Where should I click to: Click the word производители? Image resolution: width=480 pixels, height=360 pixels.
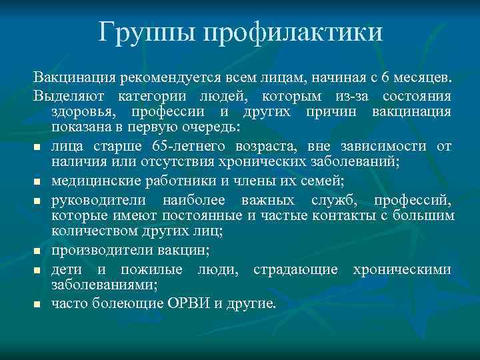coord(100,250)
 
